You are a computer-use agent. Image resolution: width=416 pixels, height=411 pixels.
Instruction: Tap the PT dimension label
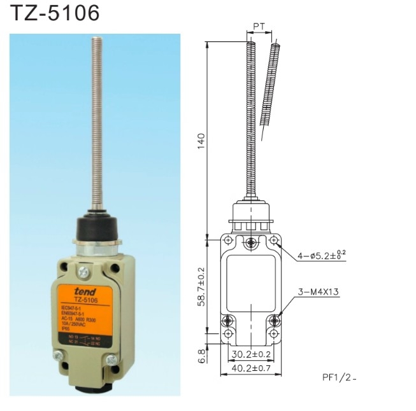pos(259,26)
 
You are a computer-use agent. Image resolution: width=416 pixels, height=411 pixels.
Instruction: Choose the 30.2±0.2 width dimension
pos(251,354)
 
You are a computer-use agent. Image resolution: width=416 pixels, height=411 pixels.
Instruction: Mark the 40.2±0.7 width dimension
pos(251,368)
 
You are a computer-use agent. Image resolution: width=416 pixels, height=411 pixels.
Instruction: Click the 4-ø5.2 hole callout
pos(322,256)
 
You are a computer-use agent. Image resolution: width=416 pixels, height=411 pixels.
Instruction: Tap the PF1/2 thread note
pos(339,377)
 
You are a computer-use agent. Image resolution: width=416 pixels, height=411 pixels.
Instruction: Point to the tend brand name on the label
pos(85,291)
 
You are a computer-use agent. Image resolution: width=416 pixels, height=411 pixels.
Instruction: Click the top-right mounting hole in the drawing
pos(275,240)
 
